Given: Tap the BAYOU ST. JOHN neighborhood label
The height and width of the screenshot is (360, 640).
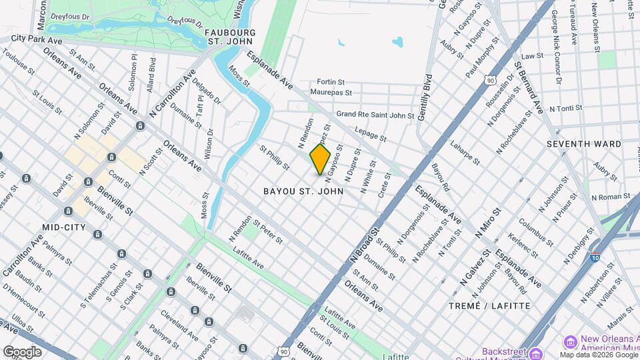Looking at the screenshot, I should tap(303, 191).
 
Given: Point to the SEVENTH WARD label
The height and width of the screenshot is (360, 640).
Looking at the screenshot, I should tap(583, 144).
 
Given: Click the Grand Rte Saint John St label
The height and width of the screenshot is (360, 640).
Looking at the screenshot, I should tap(375, 115).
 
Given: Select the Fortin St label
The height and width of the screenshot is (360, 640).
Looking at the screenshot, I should tap(331, 81).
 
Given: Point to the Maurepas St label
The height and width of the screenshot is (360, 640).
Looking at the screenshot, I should tap(331, 92).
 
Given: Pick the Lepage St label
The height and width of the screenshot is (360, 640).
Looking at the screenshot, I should tap(371, 134).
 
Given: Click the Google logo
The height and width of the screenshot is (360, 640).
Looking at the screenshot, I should tap(22, 351).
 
